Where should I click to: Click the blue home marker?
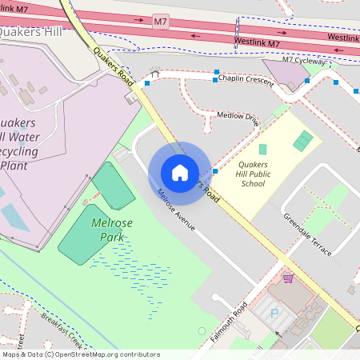point(180,172)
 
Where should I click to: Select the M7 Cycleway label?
point(304,60)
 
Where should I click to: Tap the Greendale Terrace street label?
point(307,234)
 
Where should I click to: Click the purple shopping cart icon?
point(287,278)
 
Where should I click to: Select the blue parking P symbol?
point(274,313)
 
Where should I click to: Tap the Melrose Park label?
point(110,230)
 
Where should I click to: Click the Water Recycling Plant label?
point(24,144)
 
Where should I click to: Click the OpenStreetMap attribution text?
point(81,354)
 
